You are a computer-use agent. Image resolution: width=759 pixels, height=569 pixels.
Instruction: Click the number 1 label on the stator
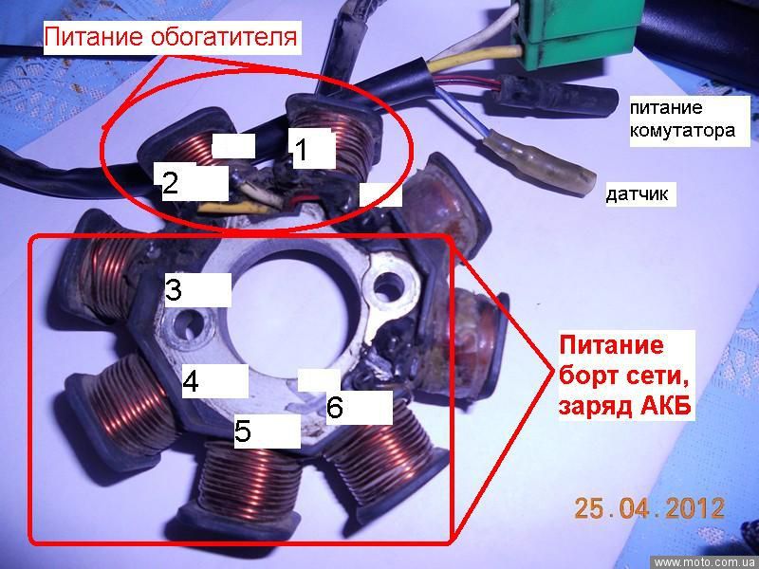[x=301, y=149]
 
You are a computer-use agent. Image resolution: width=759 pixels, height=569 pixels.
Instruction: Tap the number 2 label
[x=170, y=183]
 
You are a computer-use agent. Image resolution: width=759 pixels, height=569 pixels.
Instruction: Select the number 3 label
[x=174, y=289]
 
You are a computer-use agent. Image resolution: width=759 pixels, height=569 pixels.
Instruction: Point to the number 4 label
[x=191, y=381]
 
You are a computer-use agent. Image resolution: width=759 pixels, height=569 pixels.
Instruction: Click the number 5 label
[x=243, y=431]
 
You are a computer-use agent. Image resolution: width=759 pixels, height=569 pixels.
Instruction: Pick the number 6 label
[x=335, y=408]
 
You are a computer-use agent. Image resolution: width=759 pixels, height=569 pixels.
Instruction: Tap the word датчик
[x=637, y=194]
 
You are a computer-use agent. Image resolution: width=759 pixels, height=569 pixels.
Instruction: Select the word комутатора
[x=682, y=130]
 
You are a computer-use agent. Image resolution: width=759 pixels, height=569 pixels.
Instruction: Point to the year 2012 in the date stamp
[x=694, y=508]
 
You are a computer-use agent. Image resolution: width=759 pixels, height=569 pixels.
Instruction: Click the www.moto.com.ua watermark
[x=704, y=562]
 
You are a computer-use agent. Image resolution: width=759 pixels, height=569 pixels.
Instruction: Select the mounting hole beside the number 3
[x=190, y=328]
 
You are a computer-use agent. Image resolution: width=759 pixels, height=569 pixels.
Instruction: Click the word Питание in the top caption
[x=94, y=37]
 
